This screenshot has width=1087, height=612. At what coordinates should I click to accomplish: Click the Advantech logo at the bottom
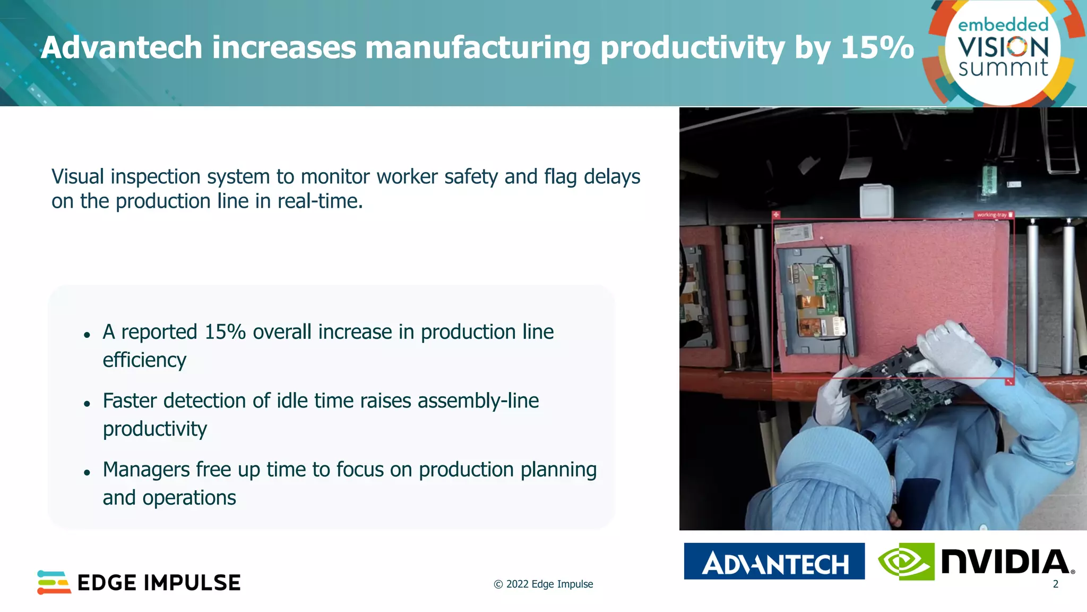[774, 562]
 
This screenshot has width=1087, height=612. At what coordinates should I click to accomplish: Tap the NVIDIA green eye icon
[906, 562]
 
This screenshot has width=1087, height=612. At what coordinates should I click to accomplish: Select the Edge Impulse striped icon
[54, 582]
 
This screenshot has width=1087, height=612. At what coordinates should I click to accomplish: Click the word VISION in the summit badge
[1003, 48]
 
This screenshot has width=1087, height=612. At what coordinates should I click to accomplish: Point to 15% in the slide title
[877, 48]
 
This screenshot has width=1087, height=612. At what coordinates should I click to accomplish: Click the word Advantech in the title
[122, 48]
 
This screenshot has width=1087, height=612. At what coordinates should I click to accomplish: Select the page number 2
[1055, 584]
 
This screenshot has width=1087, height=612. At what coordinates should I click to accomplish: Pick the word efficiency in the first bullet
[144, 360]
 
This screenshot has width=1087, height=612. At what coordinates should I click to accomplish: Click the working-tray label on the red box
[991, 215]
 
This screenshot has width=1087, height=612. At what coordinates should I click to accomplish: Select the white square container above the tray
[876, 200]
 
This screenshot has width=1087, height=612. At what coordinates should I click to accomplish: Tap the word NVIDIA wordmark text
[1007, 562]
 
